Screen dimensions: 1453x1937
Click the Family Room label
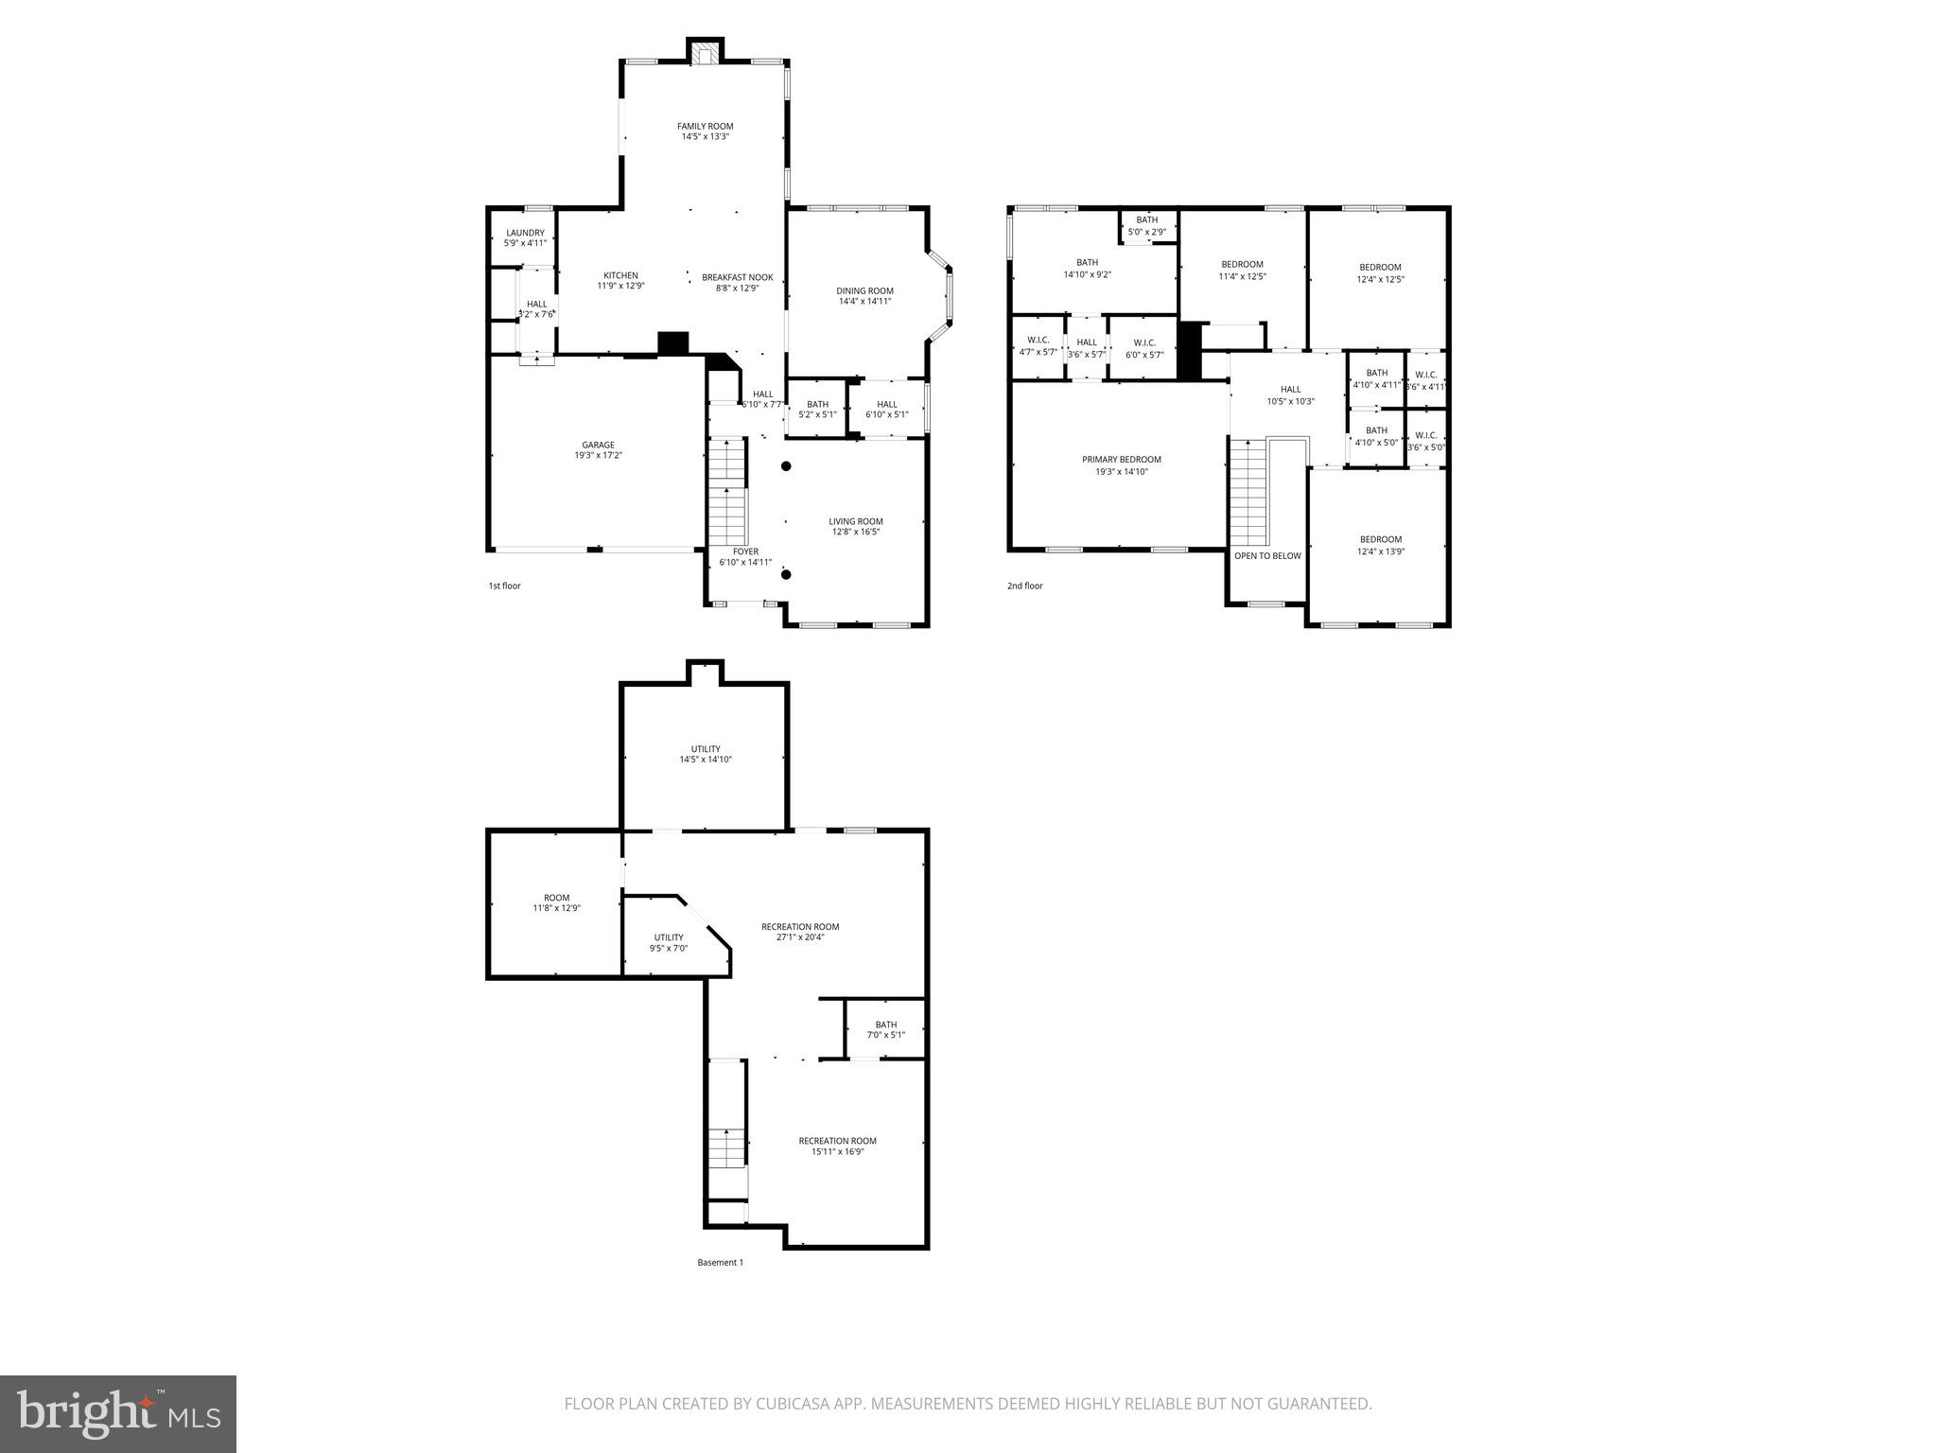point(705,126)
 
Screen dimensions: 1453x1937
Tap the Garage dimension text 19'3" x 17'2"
point(598,456)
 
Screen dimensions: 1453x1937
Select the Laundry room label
point(525,233)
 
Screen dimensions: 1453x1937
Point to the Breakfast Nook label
point(737,278)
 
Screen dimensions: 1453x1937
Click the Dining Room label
point(864,291)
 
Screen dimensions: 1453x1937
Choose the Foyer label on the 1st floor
point(745,551)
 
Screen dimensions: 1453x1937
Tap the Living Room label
point(856,521)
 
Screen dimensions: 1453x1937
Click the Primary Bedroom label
point(1121,460)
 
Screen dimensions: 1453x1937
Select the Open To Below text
point(1267,556)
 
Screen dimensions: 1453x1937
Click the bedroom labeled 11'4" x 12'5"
point(1242,271)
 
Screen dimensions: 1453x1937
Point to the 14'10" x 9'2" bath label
point(1087,269)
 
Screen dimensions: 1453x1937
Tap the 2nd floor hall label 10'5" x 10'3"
point(1290,395)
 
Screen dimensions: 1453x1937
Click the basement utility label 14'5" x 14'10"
point(706,754)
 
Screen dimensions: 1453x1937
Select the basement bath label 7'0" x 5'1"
point(885,1029)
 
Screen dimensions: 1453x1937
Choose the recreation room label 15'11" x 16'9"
point(837,1146)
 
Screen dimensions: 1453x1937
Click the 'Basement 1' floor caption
point(720,1262)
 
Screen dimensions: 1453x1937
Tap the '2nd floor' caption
point(1024,586)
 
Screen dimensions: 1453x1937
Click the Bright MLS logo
point(118,1413)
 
